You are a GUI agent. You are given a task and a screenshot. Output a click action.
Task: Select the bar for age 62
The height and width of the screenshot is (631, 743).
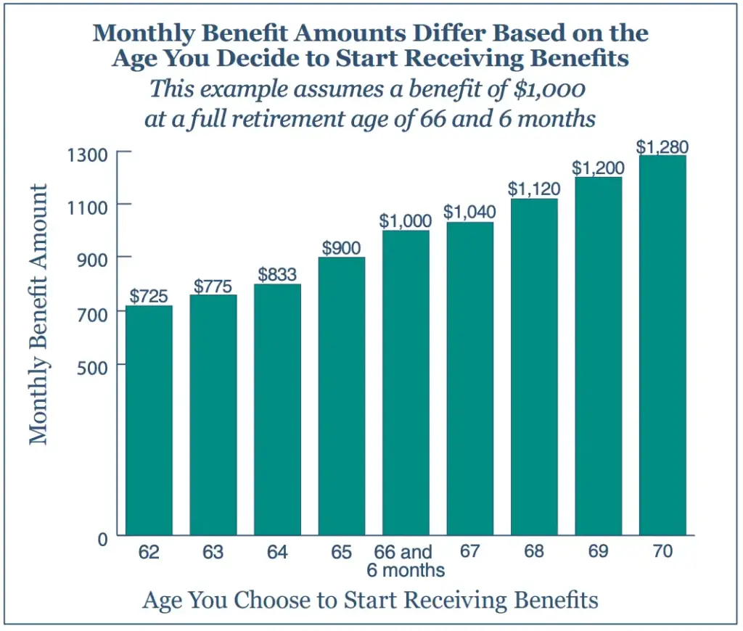coord(149,420)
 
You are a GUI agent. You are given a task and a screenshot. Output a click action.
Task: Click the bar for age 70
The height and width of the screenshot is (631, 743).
coord(662,345)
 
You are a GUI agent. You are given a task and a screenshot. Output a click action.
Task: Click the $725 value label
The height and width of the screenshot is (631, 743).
coord(149,296)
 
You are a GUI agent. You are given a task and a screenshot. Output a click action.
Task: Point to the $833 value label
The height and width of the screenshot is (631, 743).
coord(277,275)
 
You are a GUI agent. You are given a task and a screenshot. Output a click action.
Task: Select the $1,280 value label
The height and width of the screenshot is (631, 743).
coord(662,147)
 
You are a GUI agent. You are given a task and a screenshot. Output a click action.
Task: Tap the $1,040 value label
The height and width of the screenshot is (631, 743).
coord(469,213)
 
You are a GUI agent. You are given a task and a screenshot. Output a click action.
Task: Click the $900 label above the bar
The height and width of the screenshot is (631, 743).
coord(341,247)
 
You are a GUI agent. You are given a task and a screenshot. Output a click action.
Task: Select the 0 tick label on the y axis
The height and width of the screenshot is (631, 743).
coord(102,539)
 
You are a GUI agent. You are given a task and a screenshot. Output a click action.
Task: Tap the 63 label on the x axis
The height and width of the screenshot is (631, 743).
coord(213,552)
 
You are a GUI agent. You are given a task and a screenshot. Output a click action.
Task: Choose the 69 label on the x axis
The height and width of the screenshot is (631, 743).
coord(598,551)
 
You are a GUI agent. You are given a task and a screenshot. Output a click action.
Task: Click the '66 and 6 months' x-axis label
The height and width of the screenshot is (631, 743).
coord(406,561)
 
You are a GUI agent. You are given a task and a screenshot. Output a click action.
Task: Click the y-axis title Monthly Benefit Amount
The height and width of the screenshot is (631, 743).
coord(38,314)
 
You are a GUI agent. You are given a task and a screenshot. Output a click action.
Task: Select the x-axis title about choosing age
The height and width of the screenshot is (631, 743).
coord(371,600)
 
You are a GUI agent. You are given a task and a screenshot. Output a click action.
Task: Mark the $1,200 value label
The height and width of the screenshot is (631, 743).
coord(598,168)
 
